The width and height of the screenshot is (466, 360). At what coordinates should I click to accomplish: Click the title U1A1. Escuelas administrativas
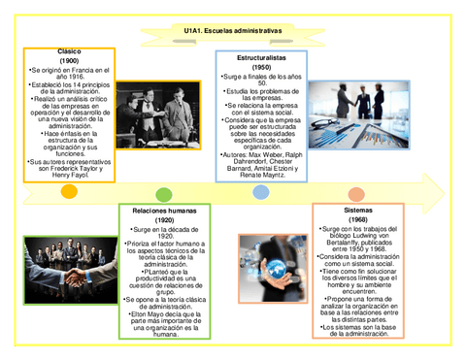233,31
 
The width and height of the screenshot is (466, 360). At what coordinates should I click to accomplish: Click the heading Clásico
69,51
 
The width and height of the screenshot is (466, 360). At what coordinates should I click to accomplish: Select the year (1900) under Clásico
69,61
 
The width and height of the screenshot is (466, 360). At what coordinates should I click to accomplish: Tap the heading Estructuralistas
260,58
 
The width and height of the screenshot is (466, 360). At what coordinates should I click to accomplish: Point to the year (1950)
260,68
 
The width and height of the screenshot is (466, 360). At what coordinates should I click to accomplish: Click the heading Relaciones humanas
164,210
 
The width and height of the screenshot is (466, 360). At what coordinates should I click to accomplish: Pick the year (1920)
164,220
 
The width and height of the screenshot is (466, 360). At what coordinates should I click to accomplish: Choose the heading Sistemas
357,210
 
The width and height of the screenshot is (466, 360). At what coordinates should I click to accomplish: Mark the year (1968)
357,219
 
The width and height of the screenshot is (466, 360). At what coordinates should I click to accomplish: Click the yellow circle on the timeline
69,192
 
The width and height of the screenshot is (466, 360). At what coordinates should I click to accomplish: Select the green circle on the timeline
164,194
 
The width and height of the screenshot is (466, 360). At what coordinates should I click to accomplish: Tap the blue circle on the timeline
260,192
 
